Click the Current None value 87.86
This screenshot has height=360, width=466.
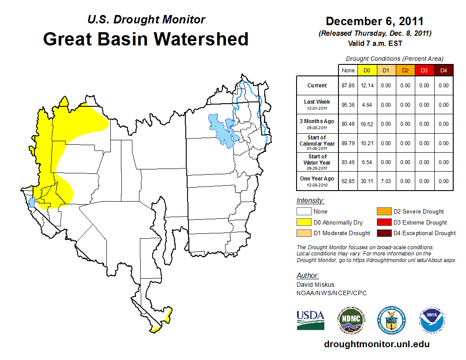(348, 86)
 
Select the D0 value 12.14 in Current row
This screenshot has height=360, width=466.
(367, 86)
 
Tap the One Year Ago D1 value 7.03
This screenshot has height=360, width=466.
(386, 181)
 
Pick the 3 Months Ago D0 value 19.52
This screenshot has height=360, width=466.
(367, 124)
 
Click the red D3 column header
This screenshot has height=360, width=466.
(424, 70)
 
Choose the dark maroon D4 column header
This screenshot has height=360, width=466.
(443, 70)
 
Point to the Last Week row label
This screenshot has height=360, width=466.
(317, 105)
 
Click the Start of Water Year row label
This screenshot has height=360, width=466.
(317, 162)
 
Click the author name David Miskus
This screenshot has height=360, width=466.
(315, 285)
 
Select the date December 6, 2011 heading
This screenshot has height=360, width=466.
(375, 21)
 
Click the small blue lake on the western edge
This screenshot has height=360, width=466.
(32, 203)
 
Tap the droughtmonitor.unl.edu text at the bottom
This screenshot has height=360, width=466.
(376, 344)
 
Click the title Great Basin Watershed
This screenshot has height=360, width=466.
(146, 39)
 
